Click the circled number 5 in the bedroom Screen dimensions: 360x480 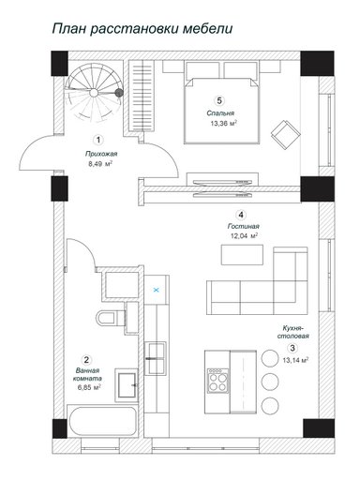coord(219,100)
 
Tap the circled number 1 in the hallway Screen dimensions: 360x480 coord(98,140)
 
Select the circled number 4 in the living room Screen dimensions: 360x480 coord(240,215)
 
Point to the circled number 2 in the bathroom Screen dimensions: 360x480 coord(86,359)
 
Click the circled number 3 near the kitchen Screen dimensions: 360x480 coord(292,348)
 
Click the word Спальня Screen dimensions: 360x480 coord(220,113)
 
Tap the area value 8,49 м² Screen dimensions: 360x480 coord(100,164)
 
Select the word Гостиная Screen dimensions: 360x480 coord(244,226)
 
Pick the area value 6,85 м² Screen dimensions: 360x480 coord(89,387)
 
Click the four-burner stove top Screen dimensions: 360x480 coord(217,380)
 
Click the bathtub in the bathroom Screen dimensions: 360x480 coord(102,421)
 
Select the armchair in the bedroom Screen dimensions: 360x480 coord(286,135)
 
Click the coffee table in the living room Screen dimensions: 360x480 coord(242,255)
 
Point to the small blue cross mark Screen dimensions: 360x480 coord(157,290)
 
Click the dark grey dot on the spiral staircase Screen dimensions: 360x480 coord(119,93)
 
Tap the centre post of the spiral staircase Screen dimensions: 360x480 coord(93,93)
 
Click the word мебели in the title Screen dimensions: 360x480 coord(207,28)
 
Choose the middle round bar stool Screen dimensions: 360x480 coord(270,382)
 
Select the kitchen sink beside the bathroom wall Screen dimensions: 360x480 coord(156,358)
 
